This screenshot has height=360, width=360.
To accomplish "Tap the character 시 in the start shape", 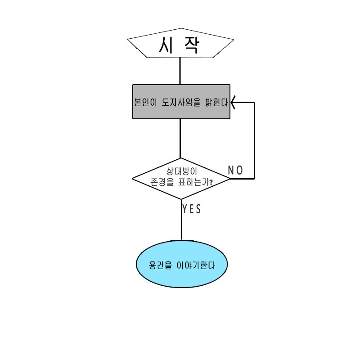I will click(167, 45).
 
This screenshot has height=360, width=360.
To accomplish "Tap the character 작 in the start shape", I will click(191, 46).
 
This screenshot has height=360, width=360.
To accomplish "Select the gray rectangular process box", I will click(181, 112).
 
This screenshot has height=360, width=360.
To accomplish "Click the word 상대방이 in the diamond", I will click(182, 172).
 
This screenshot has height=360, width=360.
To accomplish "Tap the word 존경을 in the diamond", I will click(160, 183).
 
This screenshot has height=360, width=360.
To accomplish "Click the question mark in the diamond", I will click(211, 183).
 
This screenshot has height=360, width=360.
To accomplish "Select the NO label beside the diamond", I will click(235, 170).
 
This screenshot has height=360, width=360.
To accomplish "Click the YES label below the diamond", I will click(192, 209).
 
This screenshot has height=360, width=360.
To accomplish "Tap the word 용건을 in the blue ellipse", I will click(160, 265).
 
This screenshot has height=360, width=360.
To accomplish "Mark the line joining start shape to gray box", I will click(180, 71).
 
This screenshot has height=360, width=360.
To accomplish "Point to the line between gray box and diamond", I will click(180, 138).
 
